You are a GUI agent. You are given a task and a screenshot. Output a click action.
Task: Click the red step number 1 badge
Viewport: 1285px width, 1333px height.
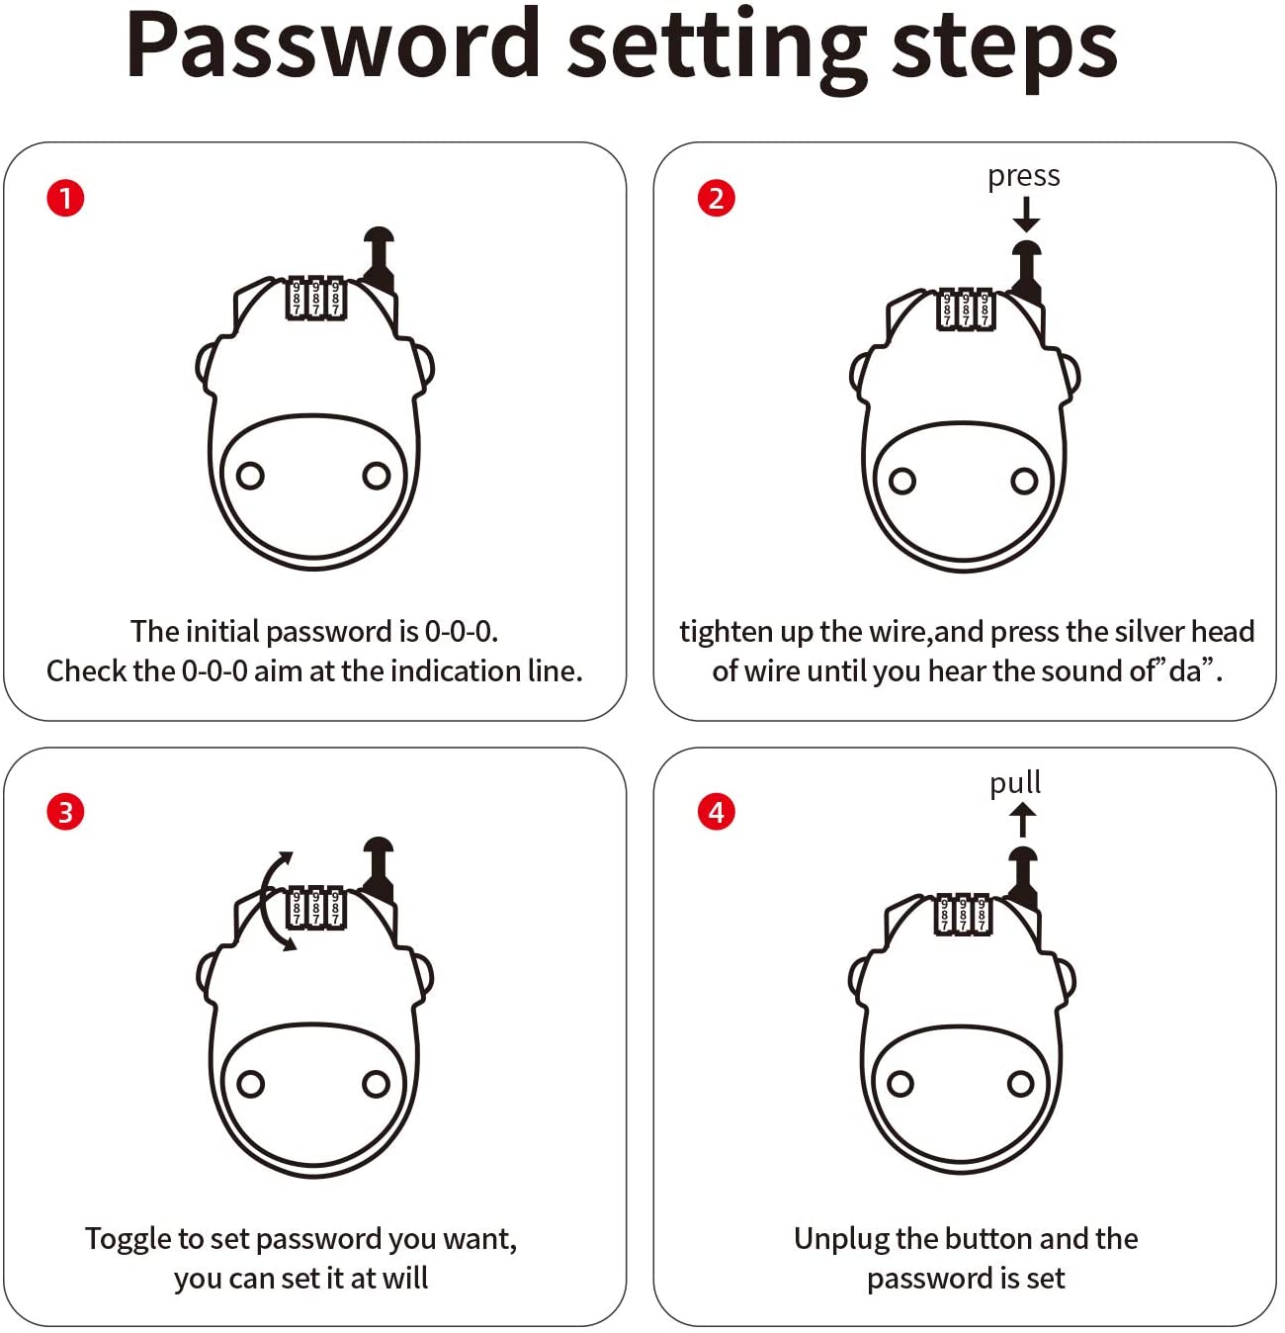(65, 199)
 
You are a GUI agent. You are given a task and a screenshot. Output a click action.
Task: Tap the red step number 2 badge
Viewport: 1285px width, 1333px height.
(716, 199)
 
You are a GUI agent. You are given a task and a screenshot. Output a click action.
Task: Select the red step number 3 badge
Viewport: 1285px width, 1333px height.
(65, 812)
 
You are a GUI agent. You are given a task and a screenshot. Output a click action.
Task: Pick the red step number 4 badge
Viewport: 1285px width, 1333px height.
(716, 812)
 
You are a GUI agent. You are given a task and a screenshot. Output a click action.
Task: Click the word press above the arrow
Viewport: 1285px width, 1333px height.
(1023, 177)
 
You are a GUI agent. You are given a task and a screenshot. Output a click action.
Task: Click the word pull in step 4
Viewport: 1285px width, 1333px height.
(1015, 782)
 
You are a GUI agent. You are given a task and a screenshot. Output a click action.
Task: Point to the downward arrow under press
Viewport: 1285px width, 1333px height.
(1026, 215)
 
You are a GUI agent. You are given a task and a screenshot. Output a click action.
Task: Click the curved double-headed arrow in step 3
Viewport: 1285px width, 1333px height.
(267, 901)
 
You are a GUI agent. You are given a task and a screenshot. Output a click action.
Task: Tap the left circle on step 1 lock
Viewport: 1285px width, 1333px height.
(250, 476)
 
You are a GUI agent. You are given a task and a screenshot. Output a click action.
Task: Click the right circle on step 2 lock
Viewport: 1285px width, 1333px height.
(1024, 481)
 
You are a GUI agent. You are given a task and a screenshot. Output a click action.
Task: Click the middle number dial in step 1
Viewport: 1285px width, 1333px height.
(315, 298)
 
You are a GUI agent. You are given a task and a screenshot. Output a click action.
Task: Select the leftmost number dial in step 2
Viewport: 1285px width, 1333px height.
(947, 309)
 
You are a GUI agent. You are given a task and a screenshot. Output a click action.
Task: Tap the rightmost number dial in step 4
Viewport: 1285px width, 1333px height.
(982, 915)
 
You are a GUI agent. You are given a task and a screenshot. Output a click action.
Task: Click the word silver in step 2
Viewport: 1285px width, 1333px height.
(1151, 631)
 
